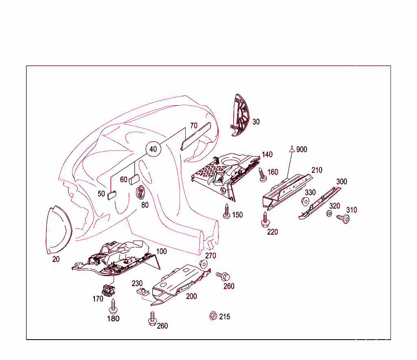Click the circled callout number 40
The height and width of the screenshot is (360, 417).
coord(153,149)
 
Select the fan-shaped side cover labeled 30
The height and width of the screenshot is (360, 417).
coord(241,116)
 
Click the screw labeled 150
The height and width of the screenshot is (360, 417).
coord(226,211)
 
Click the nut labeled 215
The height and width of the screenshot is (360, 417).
coord(212,316)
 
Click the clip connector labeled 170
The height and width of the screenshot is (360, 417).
coord(108,290)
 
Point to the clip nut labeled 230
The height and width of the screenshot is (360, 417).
coord(143,291)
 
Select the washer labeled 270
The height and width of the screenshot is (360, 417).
coord(202,264)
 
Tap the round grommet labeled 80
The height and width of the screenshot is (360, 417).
coord(140,191)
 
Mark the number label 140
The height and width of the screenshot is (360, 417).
coord(267,155)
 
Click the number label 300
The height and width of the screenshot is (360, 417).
coord(341,181)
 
